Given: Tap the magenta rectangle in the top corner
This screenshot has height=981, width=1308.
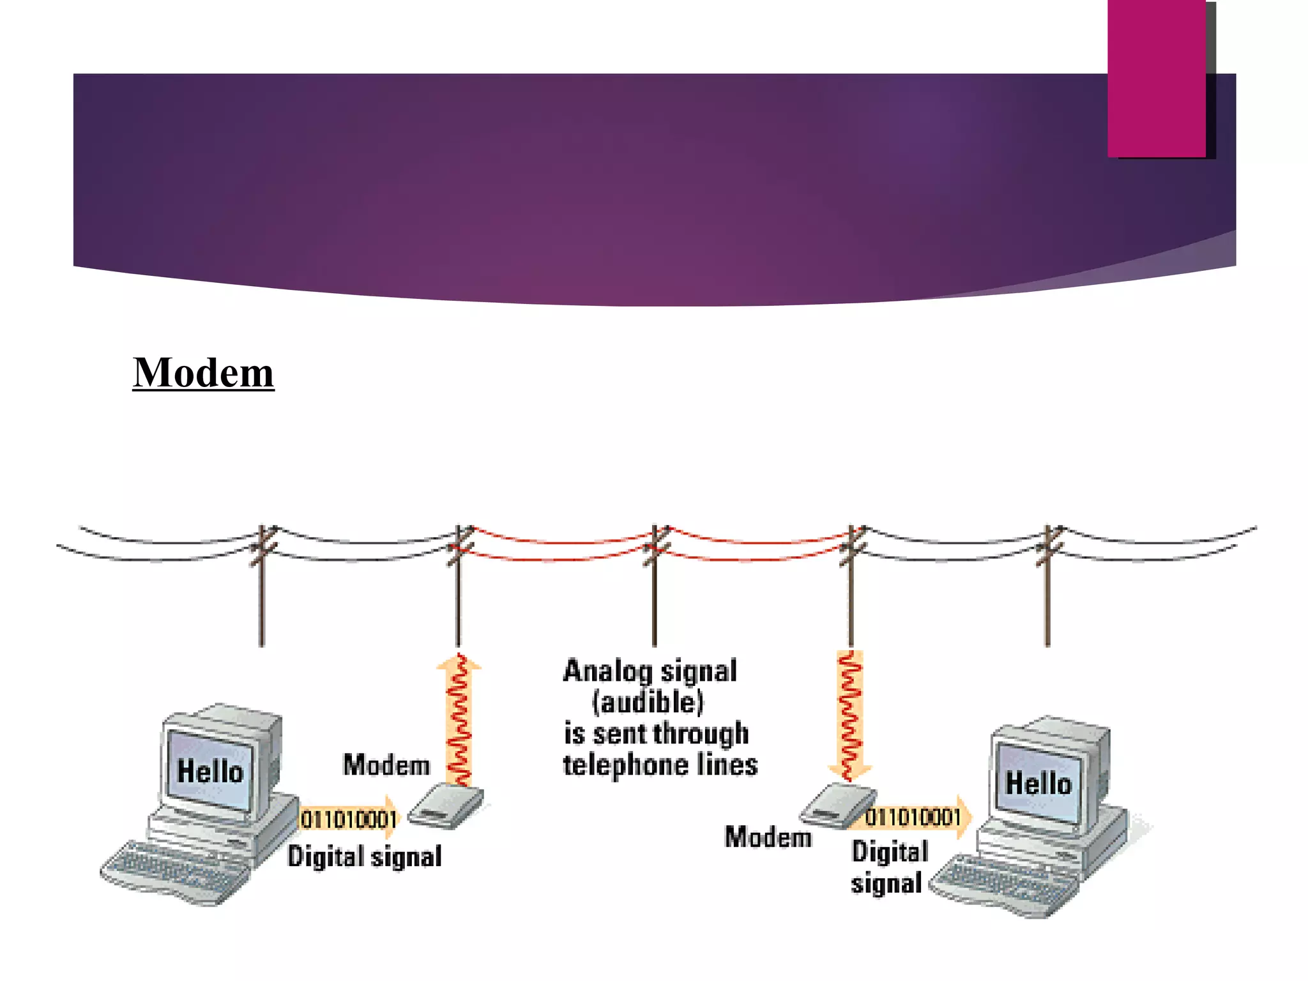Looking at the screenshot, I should click(1157, 78).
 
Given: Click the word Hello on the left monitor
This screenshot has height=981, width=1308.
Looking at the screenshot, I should click(210, 771).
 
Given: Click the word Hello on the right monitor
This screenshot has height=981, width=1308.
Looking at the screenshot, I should click(1038, 783).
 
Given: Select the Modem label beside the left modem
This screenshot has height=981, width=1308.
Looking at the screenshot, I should click(386, 765).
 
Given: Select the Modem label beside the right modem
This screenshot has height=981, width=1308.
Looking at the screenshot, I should click(768, 837).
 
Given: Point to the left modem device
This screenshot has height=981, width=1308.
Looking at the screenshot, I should click(446, 807).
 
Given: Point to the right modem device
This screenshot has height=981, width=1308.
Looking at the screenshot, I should click(837, 805).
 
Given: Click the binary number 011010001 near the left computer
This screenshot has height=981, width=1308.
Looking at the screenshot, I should click(349, 819).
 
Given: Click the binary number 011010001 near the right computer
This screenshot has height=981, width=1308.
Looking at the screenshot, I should click(913, 817).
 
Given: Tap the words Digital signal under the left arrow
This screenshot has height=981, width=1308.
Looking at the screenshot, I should click(364, 856).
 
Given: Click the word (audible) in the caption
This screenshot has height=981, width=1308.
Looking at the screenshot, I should click(648, 703).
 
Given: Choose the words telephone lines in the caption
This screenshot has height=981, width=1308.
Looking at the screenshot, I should click(660, 765).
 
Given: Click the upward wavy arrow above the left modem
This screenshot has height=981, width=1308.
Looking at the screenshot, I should click(459, 719).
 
